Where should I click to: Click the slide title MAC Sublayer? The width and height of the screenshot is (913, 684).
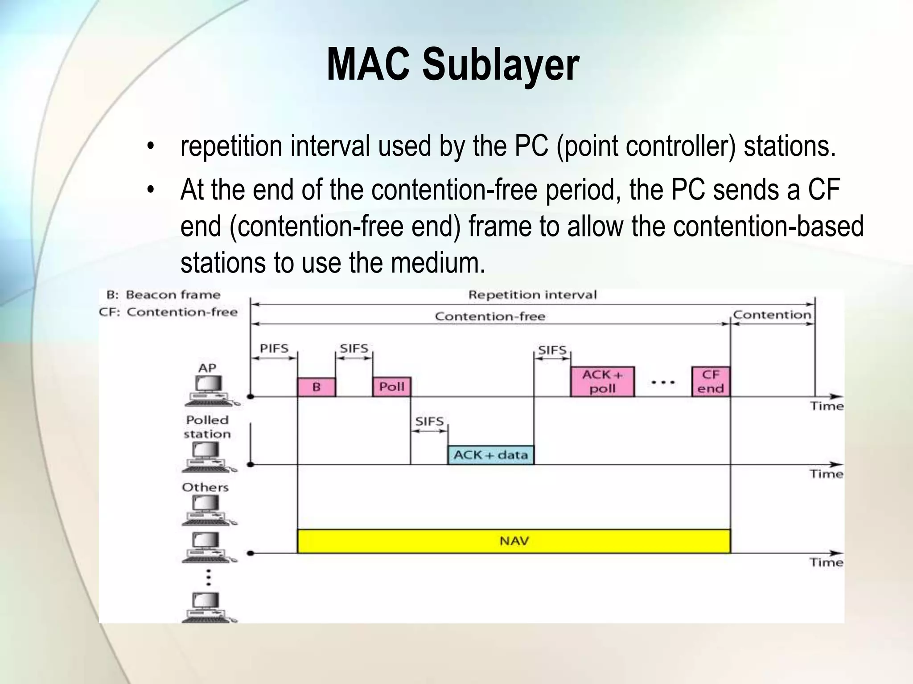(x=452, y=66)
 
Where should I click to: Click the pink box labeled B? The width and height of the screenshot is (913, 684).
(x=316, y=387)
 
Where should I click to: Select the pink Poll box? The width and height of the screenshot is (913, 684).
(x=391, y=387)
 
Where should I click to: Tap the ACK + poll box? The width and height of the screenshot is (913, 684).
(x=602, y=382)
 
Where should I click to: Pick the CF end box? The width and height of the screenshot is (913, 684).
(x=711, y=382)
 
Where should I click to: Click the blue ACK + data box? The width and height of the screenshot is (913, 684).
(x=490, y=455)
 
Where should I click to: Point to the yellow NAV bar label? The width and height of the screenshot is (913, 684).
(x=514, y=541)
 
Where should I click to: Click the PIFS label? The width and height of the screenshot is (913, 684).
(x=274, y=348)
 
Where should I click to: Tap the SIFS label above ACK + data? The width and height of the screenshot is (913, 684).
(x=429, y=421)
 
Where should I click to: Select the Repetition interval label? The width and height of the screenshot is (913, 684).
(x=532, y=295)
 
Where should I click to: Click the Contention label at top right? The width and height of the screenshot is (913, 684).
(x=772, y=315)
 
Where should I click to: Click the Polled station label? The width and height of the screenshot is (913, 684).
(x=207, y=427)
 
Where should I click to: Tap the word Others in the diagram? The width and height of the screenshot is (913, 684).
(x=205, y=487)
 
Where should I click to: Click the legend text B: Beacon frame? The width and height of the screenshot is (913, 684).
(x=164, y=295)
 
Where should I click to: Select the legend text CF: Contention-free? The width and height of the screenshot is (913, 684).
(x=168, y=312)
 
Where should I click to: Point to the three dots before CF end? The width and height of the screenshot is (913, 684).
(x=663, y=383)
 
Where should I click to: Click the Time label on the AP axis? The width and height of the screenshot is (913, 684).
(x=827, y=406)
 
